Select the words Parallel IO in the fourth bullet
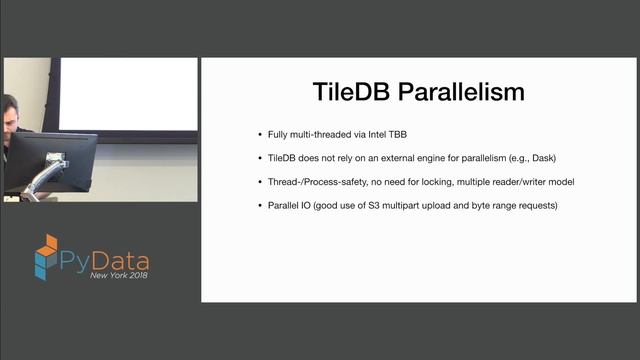tap(286, 206)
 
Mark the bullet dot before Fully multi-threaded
tap(259, 134)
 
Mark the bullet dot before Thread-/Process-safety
tap(259, 182)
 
